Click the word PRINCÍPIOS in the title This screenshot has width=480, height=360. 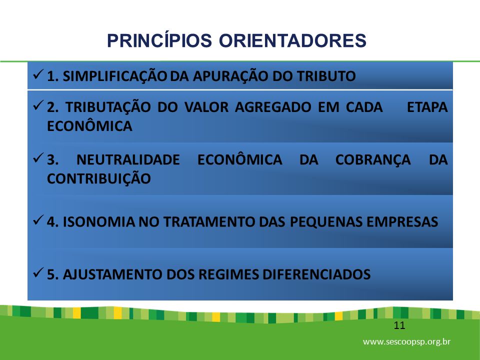159,40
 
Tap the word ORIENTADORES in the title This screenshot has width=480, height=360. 292,40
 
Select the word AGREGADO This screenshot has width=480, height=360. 273,107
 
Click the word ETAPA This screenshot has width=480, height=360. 427,107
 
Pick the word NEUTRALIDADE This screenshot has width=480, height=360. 128,160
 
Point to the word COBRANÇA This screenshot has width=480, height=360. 373,160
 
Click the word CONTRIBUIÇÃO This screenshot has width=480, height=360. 99,178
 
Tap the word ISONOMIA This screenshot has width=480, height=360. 99,221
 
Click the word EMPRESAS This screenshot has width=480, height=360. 402,221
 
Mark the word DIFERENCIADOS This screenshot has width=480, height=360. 316,274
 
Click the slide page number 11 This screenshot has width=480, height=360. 399,325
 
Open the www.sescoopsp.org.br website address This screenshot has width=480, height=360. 407,341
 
